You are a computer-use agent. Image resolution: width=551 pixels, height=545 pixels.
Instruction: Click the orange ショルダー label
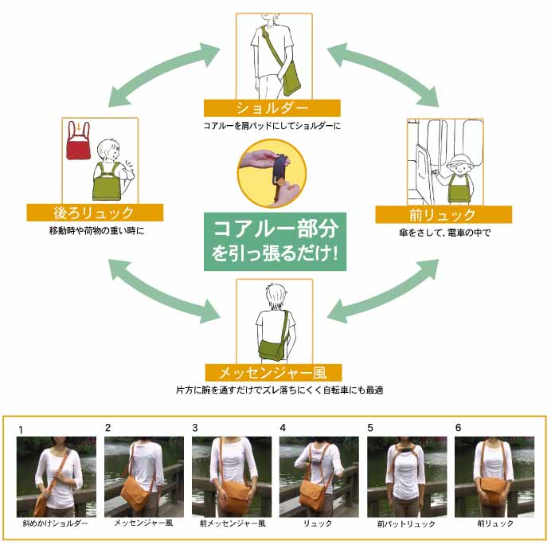click(x=272, y=108)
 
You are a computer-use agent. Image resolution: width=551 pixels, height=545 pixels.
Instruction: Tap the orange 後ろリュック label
click(x=95, y=213)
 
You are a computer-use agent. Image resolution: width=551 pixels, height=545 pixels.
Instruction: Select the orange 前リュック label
click(x=444, y=214)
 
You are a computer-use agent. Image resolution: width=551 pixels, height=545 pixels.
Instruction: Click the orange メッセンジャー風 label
click(x=273, y=372)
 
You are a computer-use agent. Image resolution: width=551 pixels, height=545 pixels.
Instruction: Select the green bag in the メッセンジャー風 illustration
click(x=273, y=347)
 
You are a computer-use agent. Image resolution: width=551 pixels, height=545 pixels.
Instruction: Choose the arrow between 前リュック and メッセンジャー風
click(x=382, y=292)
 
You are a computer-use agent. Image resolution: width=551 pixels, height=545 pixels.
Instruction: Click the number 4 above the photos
click(x=283, y=428)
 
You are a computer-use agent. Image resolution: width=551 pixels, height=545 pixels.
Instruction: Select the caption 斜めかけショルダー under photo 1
click(x=57, y=523)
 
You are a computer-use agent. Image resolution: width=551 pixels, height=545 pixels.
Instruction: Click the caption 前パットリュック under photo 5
click(x=407, y=523)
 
